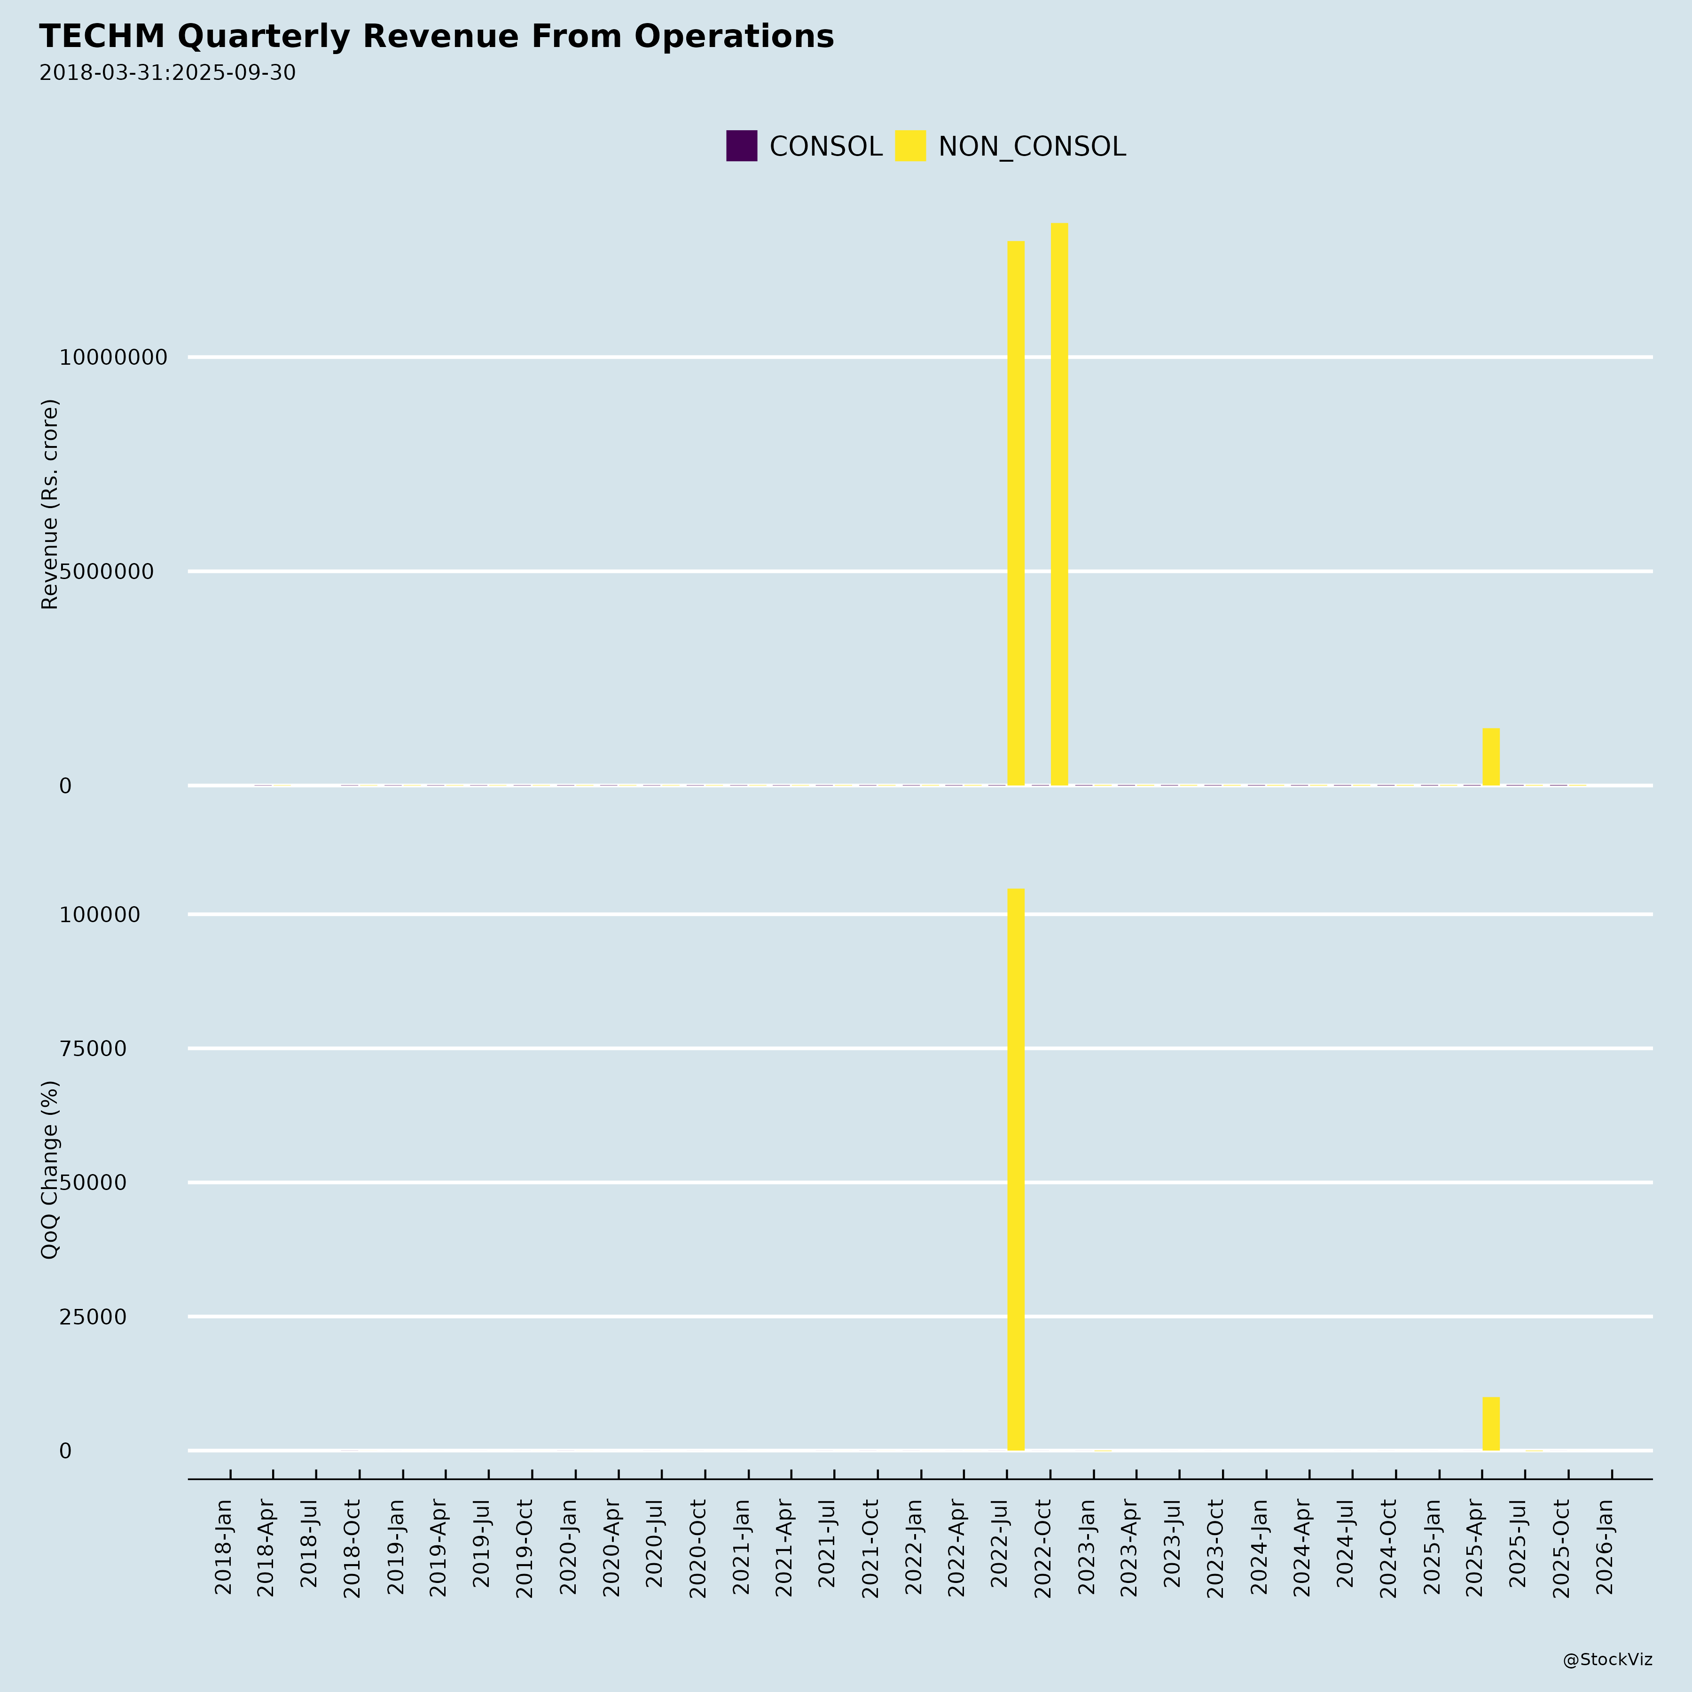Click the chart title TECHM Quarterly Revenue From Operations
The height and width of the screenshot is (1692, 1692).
point(436,37)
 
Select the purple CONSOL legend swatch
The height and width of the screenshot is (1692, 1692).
point(741,146)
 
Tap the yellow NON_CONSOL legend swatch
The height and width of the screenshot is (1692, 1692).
point(910,146)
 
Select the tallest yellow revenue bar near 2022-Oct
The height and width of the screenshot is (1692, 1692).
point(1059,503)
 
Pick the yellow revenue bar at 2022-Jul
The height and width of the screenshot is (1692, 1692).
point(1016,512)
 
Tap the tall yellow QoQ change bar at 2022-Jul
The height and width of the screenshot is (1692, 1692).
point(1016,1169)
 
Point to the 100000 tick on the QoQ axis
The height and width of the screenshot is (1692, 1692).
point(99,915)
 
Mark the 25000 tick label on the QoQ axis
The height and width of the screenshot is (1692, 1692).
point(93,1317)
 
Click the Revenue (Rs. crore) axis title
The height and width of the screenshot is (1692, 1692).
point(50,504)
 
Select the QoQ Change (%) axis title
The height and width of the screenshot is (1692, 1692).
point(50,1169)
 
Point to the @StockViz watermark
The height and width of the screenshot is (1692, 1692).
point(1607,1660)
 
